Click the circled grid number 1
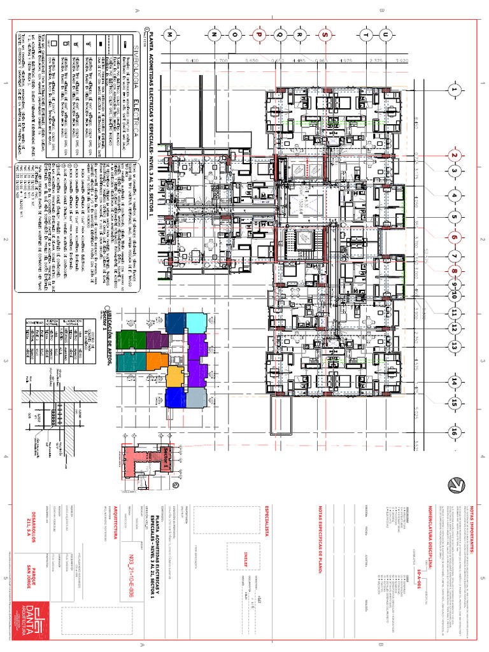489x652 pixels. coord(455,90)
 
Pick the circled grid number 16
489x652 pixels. coord(455,432)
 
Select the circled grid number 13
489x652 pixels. coord(455,346)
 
